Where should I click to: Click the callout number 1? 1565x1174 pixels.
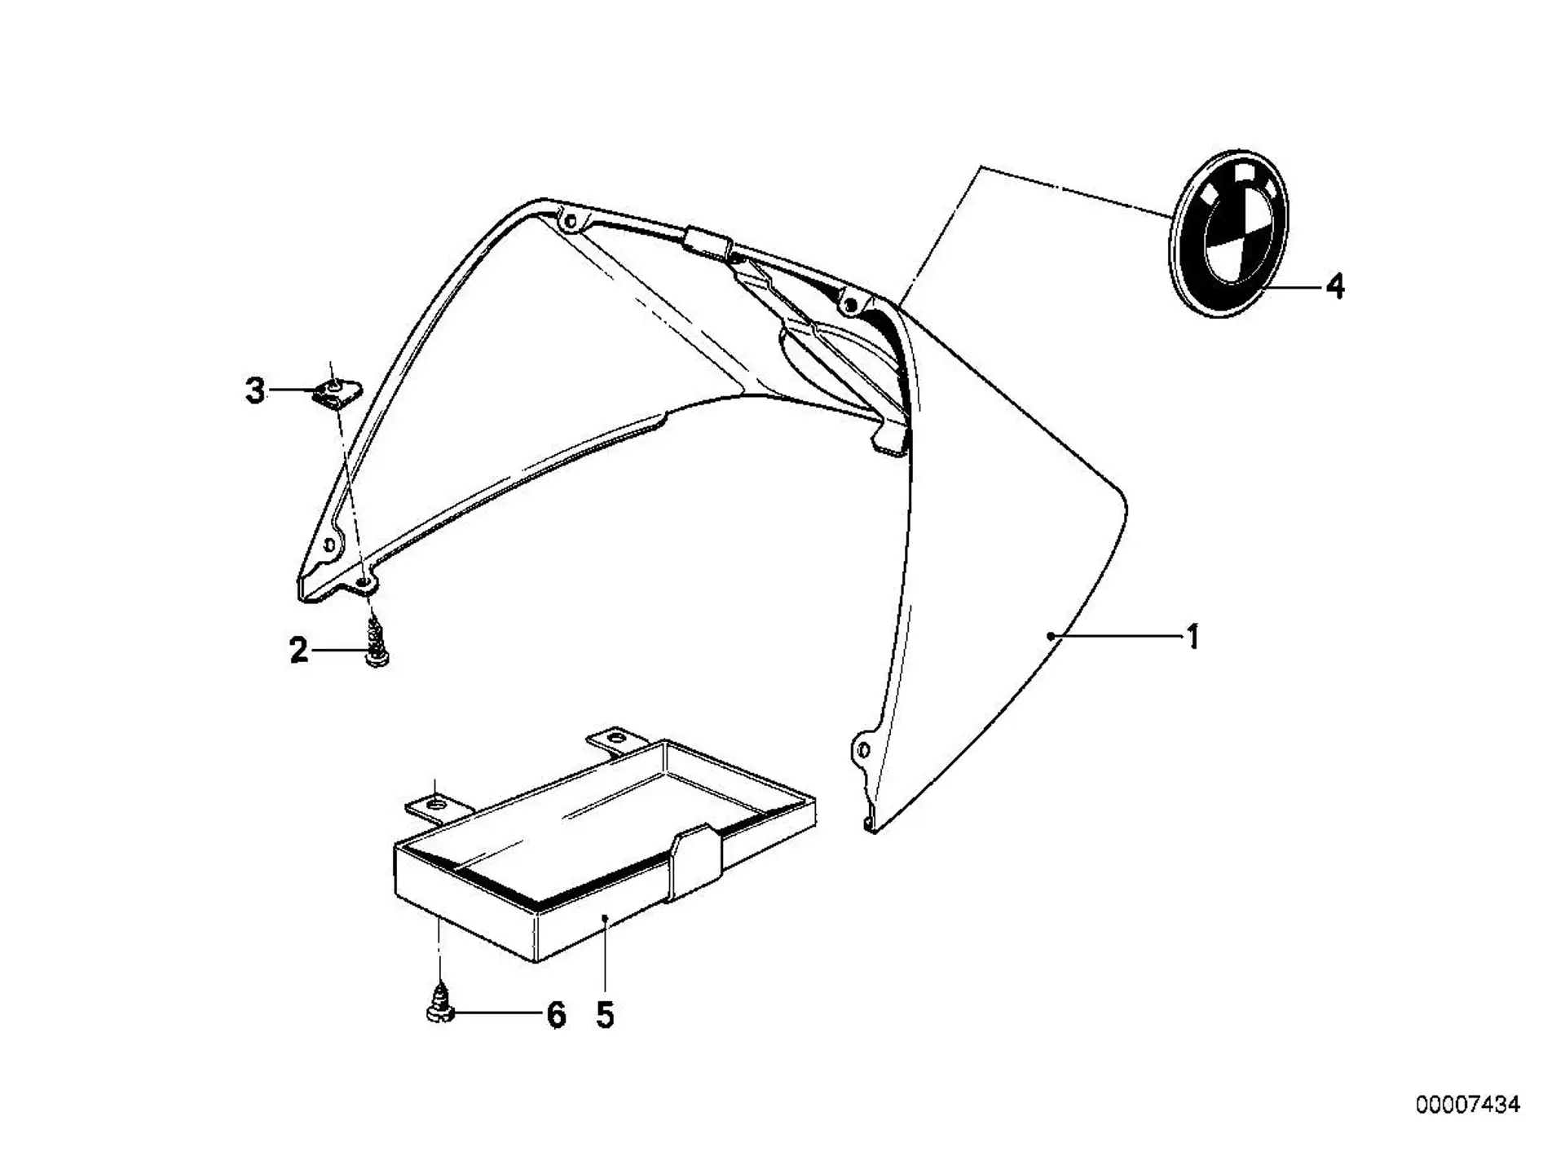[1192, 638]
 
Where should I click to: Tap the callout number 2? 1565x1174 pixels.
[299, 651]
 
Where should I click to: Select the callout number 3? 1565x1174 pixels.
[256, 391]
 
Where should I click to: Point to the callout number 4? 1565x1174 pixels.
[1334, 287]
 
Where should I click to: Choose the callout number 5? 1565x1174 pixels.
[605, 1015]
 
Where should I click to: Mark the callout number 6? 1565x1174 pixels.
[556, 1015]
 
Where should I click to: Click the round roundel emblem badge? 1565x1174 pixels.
[1229, 233]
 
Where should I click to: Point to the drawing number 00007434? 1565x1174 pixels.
[1467, 1105]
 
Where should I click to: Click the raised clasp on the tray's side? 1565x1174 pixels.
[694, 861]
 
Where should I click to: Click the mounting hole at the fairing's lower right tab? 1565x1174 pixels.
[861, 748]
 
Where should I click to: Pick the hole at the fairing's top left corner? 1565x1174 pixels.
[571, 220]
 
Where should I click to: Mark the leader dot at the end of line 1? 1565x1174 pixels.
[1051, 634]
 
